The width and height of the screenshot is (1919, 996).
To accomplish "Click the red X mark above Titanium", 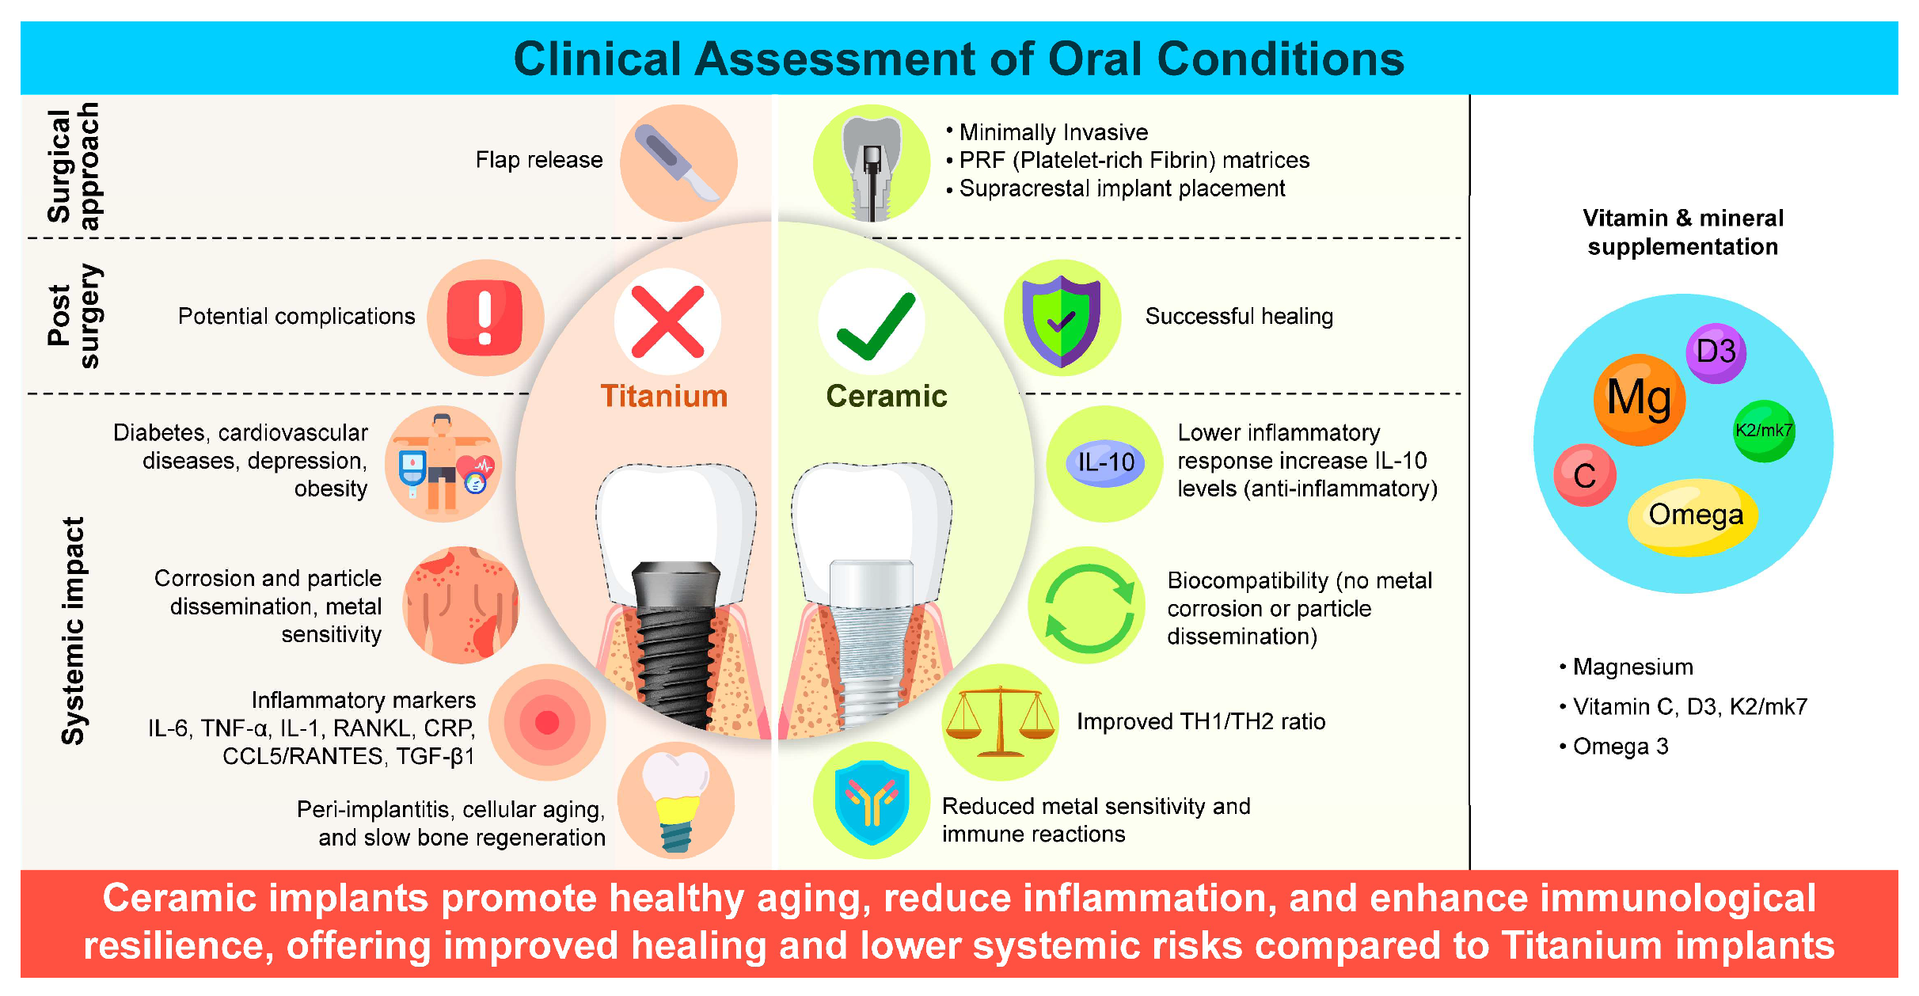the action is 667,321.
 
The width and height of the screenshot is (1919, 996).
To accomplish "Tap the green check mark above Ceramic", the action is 876,325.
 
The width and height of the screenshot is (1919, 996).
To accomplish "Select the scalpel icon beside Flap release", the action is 678,163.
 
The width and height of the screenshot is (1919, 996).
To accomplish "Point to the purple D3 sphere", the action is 1716,352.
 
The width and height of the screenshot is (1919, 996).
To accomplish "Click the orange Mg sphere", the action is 1640,399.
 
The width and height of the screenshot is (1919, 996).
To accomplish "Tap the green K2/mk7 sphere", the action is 1764,431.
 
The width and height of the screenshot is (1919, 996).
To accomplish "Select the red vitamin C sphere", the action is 1584,475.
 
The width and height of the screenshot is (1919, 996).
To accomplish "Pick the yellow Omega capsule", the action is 1693,516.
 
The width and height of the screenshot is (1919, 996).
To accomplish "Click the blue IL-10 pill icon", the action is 1105,462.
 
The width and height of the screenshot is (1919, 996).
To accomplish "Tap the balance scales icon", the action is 1000,721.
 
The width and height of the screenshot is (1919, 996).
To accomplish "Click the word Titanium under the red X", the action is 664,396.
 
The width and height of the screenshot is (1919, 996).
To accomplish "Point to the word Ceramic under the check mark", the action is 887,396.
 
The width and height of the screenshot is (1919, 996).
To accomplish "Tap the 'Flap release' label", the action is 539,160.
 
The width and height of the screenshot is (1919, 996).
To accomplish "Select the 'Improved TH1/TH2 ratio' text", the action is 1201,721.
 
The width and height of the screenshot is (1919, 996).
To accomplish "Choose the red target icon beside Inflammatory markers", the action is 547,722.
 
